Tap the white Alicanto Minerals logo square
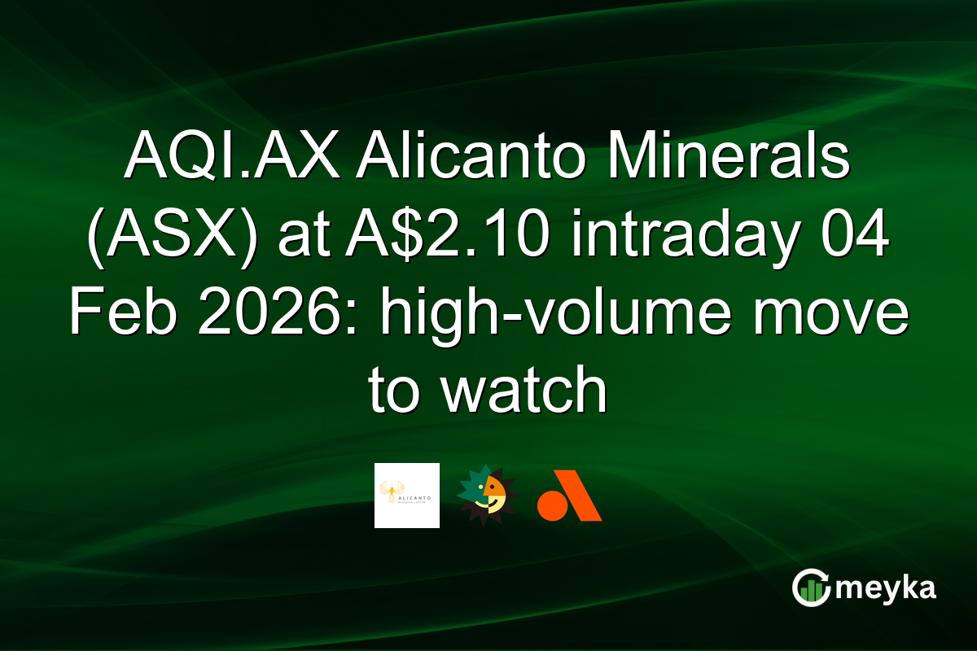tap(407, 496)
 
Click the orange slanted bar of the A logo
tap(580, 496)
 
